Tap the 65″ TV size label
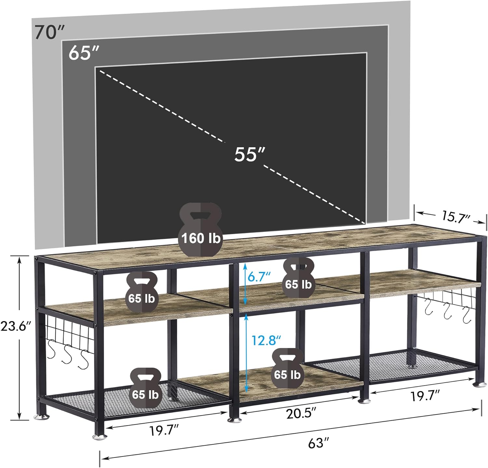[83, 53]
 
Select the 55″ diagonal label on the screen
[250, 154]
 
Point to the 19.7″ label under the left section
[165, 431]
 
